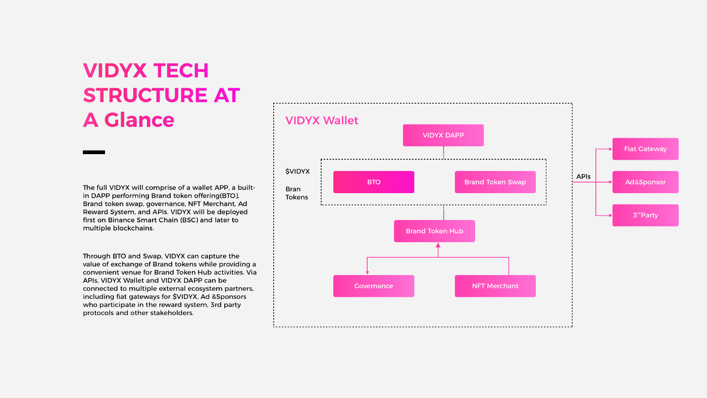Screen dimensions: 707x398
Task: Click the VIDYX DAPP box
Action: [443, 136]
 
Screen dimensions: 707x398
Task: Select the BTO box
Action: [374, 182]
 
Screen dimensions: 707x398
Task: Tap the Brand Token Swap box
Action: [495, 182]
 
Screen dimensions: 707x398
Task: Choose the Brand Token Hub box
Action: [434, 231]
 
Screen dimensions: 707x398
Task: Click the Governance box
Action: [374, 286]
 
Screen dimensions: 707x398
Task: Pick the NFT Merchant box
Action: [495, 286]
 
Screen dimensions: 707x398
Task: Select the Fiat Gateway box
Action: [645, 149]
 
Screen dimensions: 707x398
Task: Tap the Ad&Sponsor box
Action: [645, 182]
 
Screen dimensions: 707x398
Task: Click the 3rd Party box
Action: [645, 215]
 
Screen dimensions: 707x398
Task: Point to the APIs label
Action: [583, 177]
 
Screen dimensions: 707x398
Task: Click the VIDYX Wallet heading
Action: [322, 120]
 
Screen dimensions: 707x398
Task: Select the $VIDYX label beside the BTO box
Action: [297, 171]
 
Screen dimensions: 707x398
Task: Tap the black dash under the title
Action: [94, 152]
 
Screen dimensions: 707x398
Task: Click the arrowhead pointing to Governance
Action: [367, 273]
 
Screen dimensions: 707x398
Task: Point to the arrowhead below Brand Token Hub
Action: [438, 245]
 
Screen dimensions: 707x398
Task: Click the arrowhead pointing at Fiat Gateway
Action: [610, 149]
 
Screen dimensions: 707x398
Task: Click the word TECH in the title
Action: [180, 70]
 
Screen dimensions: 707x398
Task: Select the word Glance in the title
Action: [139, 120]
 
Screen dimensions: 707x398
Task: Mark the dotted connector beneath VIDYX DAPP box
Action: [443, 153]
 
